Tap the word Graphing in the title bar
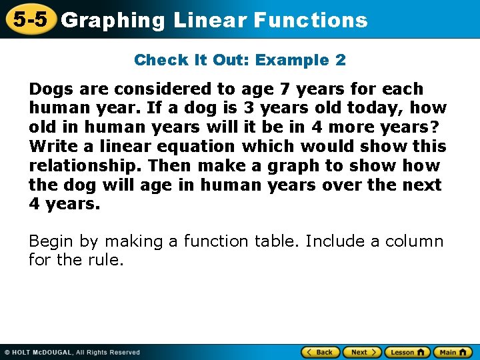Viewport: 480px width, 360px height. coord(113,21)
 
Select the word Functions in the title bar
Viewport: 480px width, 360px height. coord(310,20)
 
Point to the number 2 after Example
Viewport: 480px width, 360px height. coord(340,60)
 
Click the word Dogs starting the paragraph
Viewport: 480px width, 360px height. coord(49,89)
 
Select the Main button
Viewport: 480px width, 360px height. coord(453,352)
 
